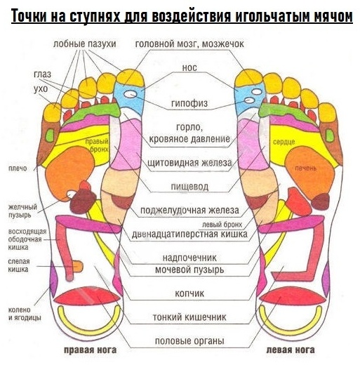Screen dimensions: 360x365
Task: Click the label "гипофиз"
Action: tap(189, 103)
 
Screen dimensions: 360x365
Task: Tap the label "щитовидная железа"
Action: tap(189, 162)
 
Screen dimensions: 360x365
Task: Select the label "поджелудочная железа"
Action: tap(189, 210)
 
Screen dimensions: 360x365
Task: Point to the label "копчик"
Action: tap(189, 293)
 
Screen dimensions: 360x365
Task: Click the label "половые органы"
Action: tap(189, 340)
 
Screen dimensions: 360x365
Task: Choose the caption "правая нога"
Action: tap(91, 350)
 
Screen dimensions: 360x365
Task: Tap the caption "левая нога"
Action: tap(291, 350)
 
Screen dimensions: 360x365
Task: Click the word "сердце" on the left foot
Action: tap(284, 142)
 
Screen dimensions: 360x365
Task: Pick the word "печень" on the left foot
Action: tap(305, 168)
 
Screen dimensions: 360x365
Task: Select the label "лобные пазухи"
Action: tap(84, 44)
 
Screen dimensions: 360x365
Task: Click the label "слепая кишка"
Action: tap(18, 265)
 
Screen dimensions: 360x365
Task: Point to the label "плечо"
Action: tap(18, 168)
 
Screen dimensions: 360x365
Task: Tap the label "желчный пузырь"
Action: tap(22, 211)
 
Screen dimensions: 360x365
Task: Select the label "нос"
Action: tap(189, 67)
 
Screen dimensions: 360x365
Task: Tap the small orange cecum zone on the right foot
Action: tap(78, 267)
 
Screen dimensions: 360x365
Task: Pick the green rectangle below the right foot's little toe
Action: tap(50, 135)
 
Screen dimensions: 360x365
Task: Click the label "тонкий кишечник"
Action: tap(189, 317)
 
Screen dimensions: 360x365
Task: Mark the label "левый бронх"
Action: tap(222, 225)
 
